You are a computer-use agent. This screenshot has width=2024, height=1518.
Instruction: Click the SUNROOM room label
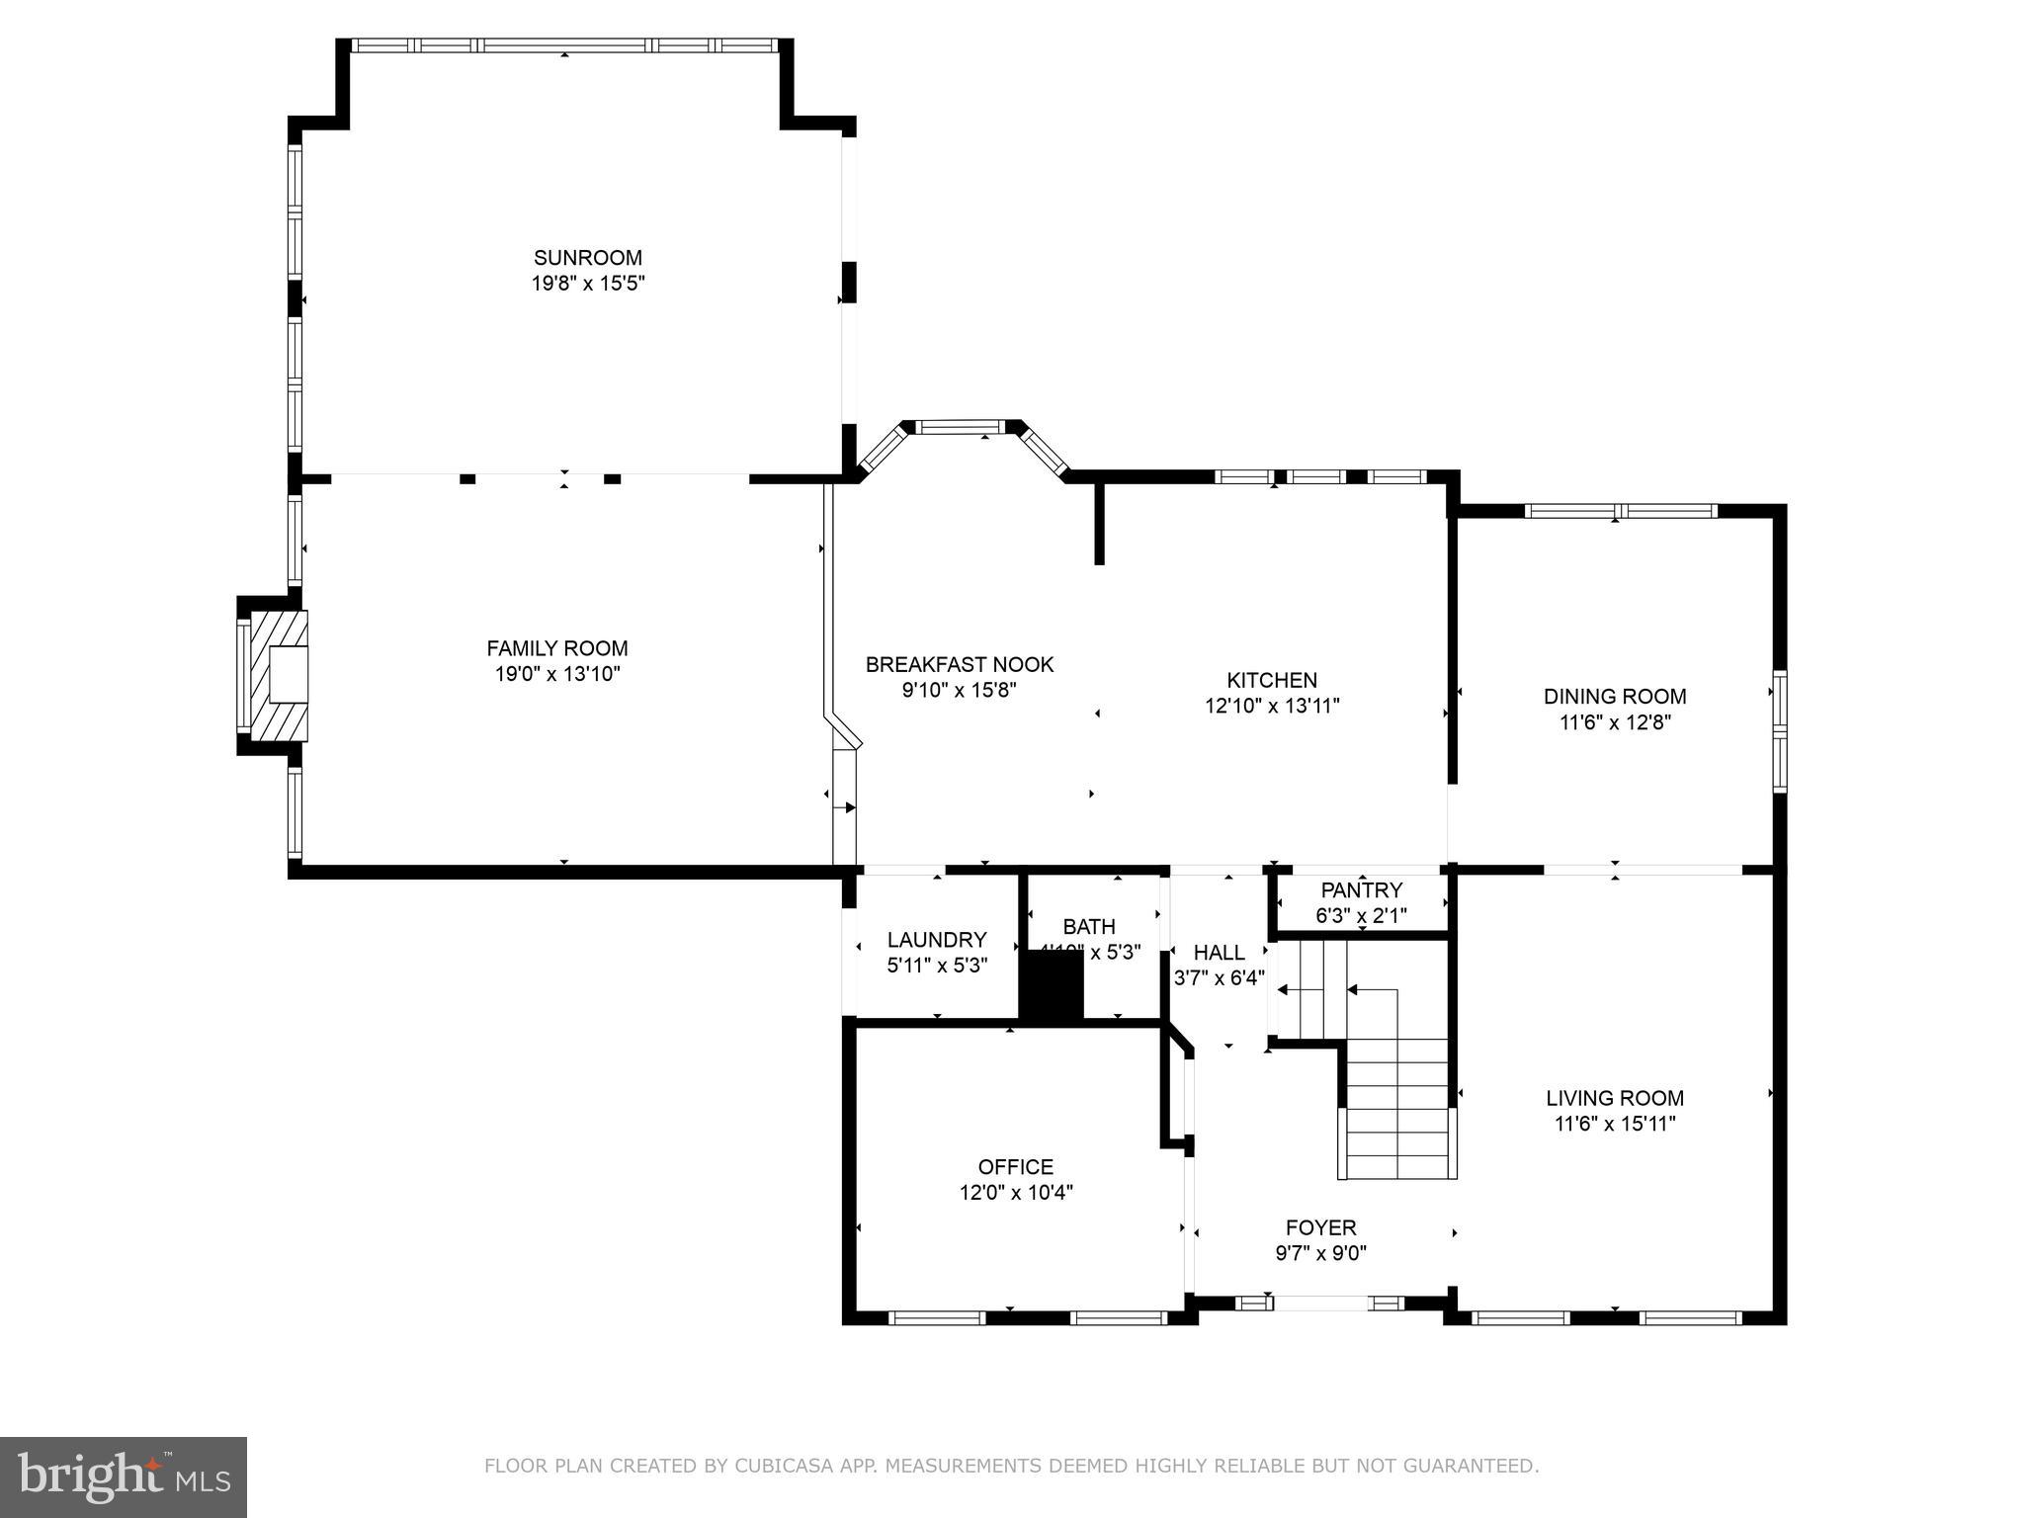587,258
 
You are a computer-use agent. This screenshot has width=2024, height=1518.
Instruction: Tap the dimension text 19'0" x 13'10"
557,674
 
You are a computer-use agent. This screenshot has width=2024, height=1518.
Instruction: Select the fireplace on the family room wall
277,675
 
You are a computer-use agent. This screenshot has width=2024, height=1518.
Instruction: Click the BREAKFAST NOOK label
959,664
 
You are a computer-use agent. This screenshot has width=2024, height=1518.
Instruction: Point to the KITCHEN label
1271,680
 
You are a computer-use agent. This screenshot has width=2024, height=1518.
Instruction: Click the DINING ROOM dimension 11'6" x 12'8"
1614,722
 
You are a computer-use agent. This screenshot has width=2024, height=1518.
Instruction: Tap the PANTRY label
1361,889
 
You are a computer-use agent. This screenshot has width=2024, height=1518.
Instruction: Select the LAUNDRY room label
936,940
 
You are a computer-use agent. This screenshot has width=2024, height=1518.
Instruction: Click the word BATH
1088,926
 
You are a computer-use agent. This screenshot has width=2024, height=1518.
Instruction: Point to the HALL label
1219,952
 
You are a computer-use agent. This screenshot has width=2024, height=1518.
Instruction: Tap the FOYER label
1320,1227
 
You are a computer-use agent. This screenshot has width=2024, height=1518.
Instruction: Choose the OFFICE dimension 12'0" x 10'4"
1015,1193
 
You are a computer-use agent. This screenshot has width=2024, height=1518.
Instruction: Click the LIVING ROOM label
1614,1097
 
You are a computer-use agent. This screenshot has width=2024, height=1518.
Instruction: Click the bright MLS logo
124,1476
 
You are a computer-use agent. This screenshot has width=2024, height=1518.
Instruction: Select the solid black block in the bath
1052,984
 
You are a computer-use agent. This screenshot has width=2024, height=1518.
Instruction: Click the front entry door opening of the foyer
1320,1304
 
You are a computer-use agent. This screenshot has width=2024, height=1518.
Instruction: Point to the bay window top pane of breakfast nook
961,427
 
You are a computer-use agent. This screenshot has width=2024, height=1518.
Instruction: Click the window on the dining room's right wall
1779,731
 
